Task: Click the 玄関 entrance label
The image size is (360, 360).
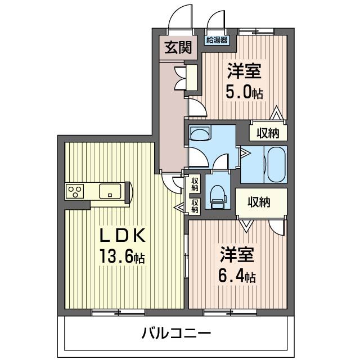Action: click(178, 48)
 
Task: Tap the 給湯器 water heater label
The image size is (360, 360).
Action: click(217, 40)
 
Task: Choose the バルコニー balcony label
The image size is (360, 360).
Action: click(176, 333)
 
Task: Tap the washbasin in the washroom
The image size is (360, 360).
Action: click(200, 134)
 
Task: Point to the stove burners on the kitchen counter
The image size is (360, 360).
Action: click(73, 192)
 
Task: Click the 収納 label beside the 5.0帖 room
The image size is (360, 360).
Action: click(268, 133)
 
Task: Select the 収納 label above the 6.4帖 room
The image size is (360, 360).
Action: click(259, 201)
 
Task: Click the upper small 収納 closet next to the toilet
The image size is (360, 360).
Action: click(195, 184)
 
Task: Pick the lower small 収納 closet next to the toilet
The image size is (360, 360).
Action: click(195, 206)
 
